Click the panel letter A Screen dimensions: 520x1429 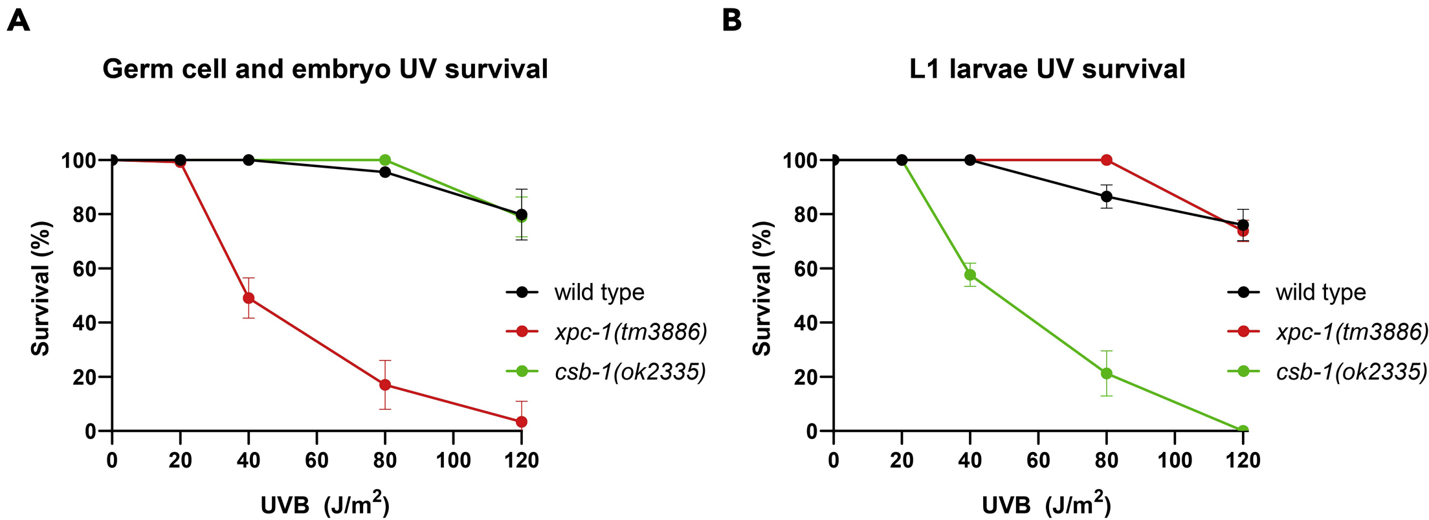coord(18,21)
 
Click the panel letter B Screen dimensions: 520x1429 coord(731,21)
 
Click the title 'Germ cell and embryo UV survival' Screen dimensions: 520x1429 coord(325,69)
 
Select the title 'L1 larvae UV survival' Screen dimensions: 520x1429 coord(1047,69)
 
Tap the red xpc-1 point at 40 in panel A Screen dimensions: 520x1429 coord(249,298)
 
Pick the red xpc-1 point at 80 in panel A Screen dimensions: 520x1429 coord(385,385)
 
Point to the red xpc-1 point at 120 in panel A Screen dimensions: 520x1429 coord(522,422)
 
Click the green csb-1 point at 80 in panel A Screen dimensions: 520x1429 coord(385,160)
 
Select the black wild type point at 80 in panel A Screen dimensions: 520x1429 coord(385,172)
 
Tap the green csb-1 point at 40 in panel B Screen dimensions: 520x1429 coord(970,275)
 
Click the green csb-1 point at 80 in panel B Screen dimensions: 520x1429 coord(1107,374)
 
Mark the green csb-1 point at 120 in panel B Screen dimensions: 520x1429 coord(1243,430)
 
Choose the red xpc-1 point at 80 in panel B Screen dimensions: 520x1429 coord(1107,160)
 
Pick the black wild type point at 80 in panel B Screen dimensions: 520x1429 coord(1107,196)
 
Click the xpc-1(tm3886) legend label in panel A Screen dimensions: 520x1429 coord(631,332)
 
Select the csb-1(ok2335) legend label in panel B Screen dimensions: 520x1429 coord(1351,372)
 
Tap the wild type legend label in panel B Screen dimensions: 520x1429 coord(1320,293)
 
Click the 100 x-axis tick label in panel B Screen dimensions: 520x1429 coord(1175,460)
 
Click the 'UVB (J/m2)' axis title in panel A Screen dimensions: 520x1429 coord(325,504)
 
